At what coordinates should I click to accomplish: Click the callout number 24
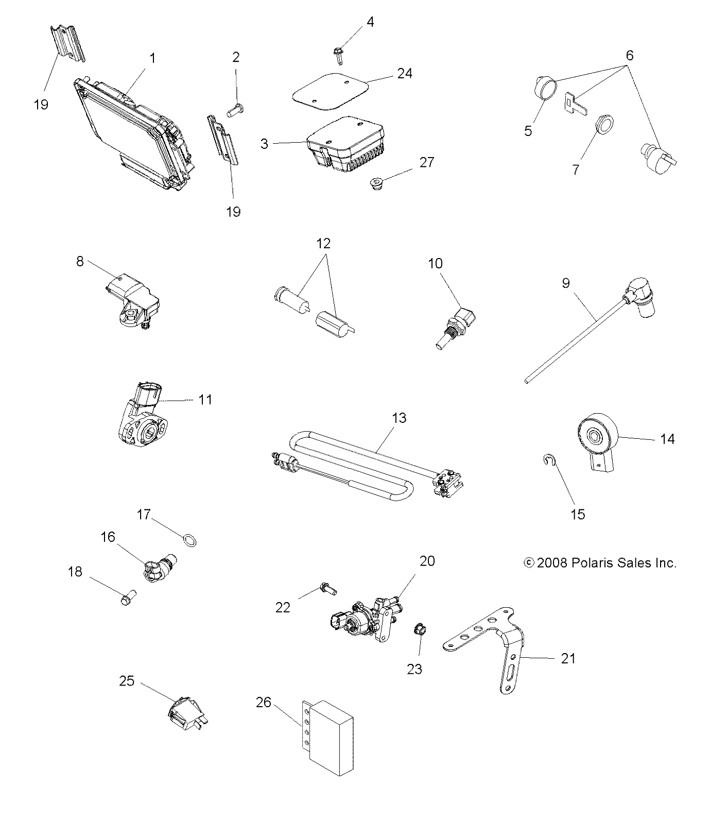[x=405, y=73]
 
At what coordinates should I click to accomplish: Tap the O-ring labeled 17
[x=190, y=540]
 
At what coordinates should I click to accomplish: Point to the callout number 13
[x=399, y=418]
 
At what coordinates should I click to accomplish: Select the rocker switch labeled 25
[x=184, y=714]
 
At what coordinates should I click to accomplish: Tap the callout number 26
[x=263, y=702]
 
